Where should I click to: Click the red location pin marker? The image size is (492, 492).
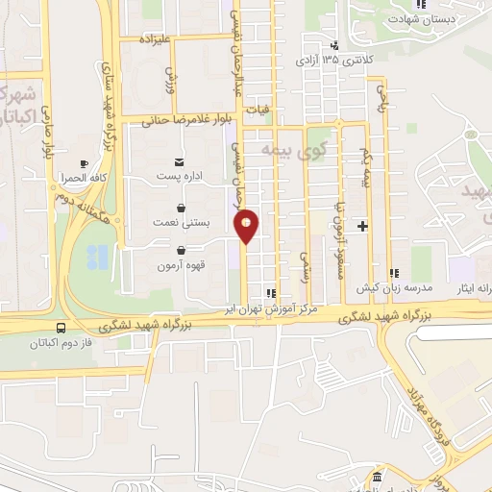pyautogui.click(x=247, y=226)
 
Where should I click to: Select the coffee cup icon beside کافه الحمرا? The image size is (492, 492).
pyautogui.click(x=83, y=163)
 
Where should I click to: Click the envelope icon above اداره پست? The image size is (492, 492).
pyautogui.click(x=181, y=161)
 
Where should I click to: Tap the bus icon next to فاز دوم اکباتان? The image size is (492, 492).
pyautogui.click(x=61, y=327)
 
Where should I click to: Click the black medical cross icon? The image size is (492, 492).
pyautogui.click(x=362, y=226)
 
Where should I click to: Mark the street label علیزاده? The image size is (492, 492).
pyautogui.click(x=155, y=39)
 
